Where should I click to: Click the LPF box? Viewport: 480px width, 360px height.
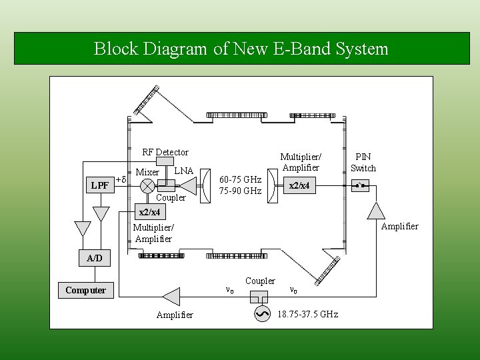point(99,185)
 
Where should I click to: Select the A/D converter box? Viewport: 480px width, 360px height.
point(94,258)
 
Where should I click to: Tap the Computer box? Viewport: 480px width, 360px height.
point(85,290)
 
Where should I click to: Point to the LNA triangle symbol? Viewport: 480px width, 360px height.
point(187,185)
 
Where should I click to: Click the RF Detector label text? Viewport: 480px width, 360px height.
point(165,152)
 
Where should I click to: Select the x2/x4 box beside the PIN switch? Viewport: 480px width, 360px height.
point(297,185)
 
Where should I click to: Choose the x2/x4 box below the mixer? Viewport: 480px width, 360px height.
point(148,213)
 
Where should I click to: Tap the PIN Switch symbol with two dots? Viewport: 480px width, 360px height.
point(361,185)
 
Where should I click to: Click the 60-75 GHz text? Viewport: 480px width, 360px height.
point(240,180)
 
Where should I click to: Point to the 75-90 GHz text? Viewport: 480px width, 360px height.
point(240,191)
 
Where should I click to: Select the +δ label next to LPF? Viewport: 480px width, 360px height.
point(121,180)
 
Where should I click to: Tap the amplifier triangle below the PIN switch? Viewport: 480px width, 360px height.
point(377,210)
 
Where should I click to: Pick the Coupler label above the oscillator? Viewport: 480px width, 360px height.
point(260,281)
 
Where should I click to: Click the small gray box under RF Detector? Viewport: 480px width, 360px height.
point(165,162)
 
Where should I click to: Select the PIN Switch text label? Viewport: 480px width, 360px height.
point(363,162)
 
